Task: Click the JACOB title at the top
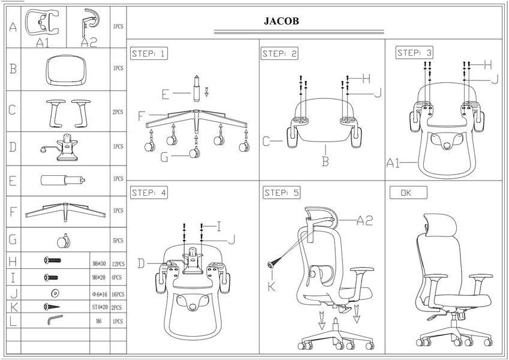[x=281, y=21]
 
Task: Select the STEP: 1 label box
[x=149, y=53]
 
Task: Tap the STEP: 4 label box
[x=149, y=193]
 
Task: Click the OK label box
[x=408, y=193]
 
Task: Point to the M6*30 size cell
[x=100, y=263]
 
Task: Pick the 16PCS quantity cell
[x=118, y=295]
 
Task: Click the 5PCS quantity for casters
[x=118, y=241]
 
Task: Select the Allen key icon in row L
[x=55, y=319]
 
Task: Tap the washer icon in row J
[x=55, y=293]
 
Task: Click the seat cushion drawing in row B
[x=66, y=70]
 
